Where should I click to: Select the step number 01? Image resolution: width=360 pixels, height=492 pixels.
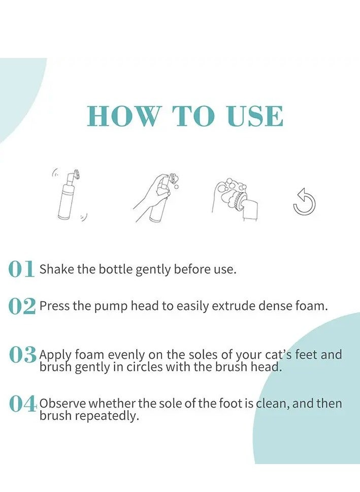pos(21,269)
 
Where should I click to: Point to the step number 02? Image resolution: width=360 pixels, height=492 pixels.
pos(22,306)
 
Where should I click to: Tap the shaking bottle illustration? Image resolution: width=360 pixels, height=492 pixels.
pos(69,195)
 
